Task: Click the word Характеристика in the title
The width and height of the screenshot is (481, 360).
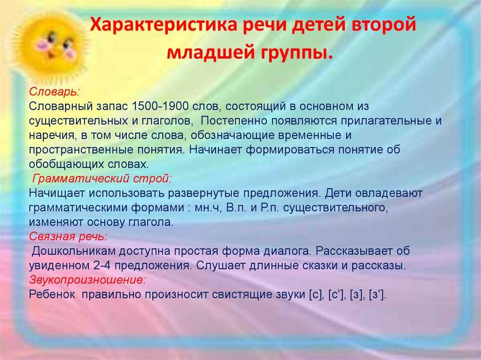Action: (x=163, y=24)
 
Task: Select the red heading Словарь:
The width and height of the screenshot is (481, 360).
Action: (x=54, y=92)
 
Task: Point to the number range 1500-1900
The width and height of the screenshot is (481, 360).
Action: (x=160, y=106)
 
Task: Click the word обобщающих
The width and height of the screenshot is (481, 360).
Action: (x=66, y=164)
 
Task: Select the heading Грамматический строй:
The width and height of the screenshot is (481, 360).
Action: (x=101, y=178)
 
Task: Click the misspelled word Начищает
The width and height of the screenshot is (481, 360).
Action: (x=56, y=193)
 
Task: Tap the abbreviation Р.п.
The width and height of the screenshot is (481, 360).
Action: (x=269, y=207)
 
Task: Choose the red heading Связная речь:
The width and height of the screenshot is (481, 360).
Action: (x=68, y=237)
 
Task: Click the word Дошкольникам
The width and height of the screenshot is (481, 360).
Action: (x=73, y=251)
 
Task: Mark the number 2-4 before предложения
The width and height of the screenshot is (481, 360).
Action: (x=102, y=266)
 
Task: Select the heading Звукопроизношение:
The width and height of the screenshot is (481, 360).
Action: (x=87, y=280)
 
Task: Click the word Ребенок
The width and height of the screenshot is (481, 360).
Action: (x=52, y=294)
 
